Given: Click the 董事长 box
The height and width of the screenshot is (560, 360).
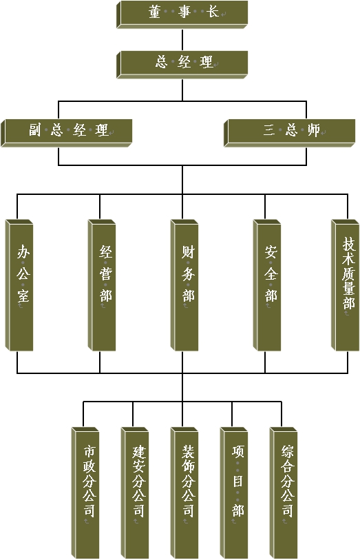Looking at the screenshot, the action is [x=182, y=14].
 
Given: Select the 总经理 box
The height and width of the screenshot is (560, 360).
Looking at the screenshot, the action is [x=182, y=65].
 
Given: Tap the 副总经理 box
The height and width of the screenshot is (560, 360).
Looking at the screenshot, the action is [x=67, y=133].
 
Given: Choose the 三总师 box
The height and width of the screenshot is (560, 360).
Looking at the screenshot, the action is [x=289, y=133].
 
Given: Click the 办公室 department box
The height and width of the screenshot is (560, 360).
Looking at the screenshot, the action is [x=19, y=285].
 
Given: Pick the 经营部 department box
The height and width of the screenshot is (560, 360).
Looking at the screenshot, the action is [x=102, y=285].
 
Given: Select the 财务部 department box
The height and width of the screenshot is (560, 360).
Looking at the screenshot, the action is [x=184, y=285].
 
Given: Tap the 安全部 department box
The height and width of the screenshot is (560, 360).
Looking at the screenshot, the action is [x=267, y=285].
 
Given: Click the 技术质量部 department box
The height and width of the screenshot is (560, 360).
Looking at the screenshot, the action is [x=346, y=285].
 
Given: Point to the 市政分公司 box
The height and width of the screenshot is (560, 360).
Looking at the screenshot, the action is [x=85, y=493].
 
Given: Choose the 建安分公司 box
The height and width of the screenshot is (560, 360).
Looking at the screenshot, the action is [x=135, y=493].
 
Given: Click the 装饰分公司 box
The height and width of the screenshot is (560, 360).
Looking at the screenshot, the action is [x=184, y=493].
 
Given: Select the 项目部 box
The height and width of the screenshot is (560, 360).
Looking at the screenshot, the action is [x=234, y=493].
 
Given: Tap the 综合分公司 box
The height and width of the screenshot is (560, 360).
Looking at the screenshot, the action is [x=284, y=493].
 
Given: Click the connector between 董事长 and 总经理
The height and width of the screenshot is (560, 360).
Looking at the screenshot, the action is [x=182, y=40].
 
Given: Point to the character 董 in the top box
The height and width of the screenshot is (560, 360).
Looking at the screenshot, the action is [x=155, y=12].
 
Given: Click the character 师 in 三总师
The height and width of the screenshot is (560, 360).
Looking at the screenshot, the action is [x=314, y=130].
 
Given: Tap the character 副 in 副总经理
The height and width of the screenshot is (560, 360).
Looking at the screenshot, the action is [x=35, y=130].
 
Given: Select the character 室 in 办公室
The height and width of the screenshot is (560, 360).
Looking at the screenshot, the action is [x=23, y=295].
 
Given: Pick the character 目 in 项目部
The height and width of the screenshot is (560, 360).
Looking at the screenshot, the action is [x=238, y=481].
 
